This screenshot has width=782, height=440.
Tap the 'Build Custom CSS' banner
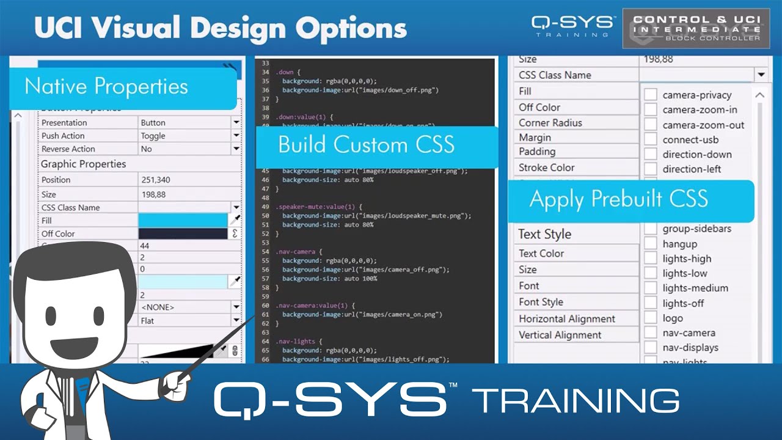(x=366, y=145)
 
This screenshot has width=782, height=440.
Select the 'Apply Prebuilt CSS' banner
(x=618, y=199)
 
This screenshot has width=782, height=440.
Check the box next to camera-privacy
(x=651, y=95)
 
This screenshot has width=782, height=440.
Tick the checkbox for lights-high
(x=651, y=258)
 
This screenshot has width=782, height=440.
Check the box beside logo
(x=651, y=318)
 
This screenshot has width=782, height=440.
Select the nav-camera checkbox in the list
(x=651, y=333)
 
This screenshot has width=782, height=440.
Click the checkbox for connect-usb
(x=651, y=139)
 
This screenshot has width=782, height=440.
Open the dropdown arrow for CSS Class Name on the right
(x=761, y=75)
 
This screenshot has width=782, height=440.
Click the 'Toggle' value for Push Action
(x=153, y=136)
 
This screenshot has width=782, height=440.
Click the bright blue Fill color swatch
(x=183, y=220)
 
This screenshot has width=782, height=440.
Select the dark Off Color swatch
(x=183, y=233)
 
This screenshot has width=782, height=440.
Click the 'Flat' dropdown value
(x=147, y=320)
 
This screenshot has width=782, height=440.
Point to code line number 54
(x=265, y=252)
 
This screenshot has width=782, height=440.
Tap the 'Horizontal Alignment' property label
(x=567, y=318)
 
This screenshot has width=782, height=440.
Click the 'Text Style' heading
(x=544, y=234)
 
